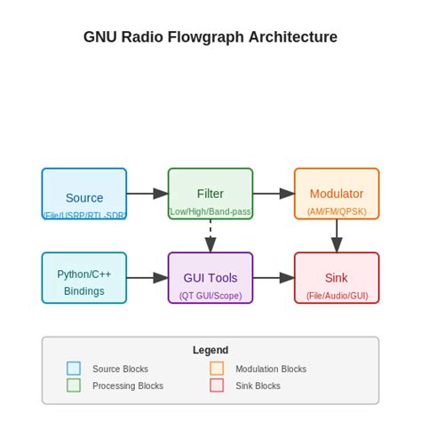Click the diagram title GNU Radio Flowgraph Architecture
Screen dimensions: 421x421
pos(210,37)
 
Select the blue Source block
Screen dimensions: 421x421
pos(84,194)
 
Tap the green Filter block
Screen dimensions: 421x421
pos(210,193)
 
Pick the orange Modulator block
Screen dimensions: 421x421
pos(337,193)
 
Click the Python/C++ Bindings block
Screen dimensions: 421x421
pos(84,278)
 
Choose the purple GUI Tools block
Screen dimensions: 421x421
pos(210,278)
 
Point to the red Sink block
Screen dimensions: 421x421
pos(337,278)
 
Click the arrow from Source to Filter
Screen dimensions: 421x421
pos(147,193)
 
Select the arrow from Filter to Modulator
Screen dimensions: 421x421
pos(274,193)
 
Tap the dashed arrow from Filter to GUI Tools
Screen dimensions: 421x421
pos(210,235)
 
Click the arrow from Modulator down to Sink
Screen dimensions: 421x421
pos(337,235)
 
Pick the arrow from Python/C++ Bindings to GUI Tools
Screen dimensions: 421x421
pos(147,278)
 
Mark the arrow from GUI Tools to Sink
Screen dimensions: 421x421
pos(274,278)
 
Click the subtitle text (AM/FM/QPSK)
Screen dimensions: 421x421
pos(337,212)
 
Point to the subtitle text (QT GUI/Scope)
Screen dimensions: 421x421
pos(210,296)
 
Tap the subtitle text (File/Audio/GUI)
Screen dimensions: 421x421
pos(337,296)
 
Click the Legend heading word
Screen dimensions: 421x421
pos(210,350)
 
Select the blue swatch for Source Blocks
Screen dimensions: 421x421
pos(74,369)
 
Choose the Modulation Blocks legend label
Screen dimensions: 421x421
pos(271,369)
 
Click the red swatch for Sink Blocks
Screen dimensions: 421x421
pos(217,385)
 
